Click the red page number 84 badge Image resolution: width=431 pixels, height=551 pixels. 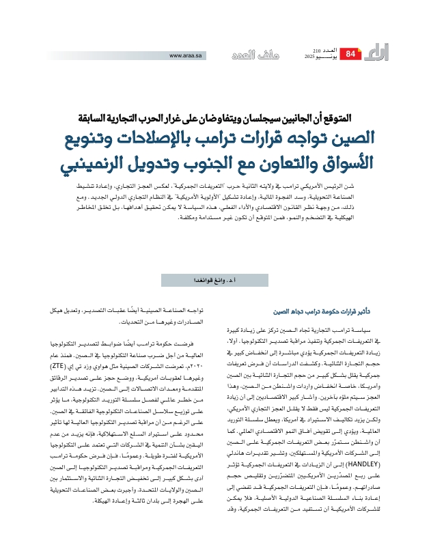(350, 54)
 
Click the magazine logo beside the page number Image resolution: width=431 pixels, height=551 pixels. (376, 53)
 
